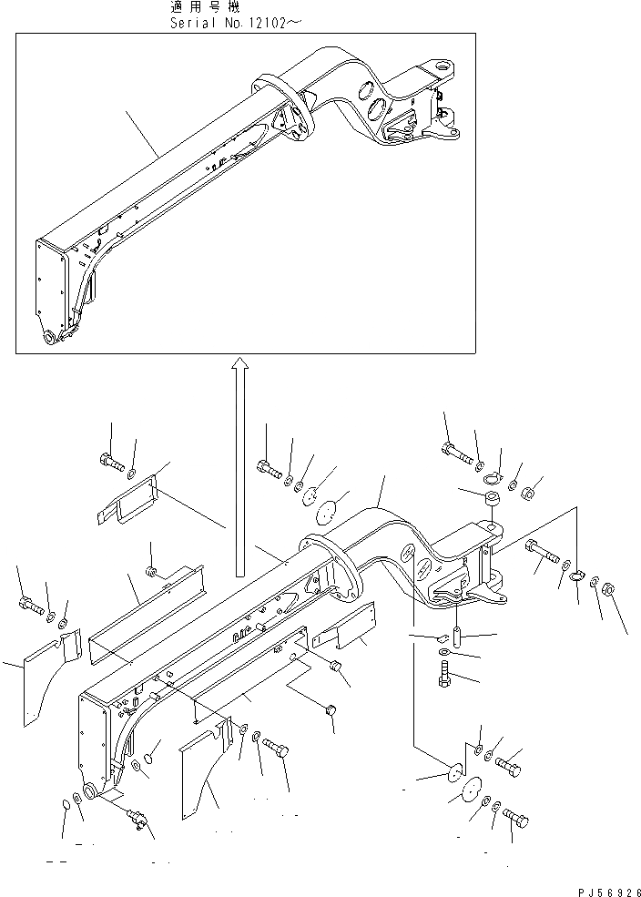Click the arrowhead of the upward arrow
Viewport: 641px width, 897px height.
pos(239,364)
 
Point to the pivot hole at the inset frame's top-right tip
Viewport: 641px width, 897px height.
pos(447,66)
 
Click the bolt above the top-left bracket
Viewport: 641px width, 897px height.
pos(109,461)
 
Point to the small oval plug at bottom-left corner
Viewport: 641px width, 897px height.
pos(66,804)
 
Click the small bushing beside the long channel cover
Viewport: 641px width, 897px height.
pos(153,572)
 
